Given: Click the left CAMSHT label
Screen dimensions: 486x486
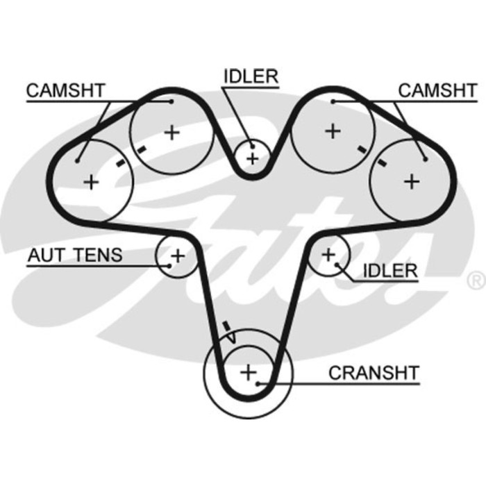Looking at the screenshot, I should pyautogui.click(x=65, y=90).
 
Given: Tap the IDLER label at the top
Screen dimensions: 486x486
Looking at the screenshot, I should pyautogui.click(x=251, y=76).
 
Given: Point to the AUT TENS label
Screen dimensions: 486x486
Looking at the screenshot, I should pyautogui.click(x=74, y=255).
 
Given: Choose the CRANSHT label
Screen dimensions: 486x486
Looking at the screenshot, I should pyautogui.click(x=374, y=373).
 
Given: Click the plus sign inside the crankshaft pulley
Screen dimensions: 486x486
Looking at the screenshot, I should pyautogui.click(x=248, y=372).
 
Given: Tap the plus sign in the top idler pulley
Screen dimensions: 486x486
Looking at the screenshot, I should pyautogui.click(x=252, y=158).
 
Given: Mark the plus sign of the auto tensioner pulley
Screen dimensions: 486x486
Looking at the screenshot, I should pyautogui.click(x=178, y=255).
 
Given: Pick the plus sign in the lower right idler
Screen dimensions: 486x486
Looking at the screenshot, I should pyautogui.click(x=328, y=255).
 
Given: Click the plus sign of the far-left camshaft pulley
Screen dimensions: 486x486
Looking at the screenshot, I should pyautogui.click(x=91, y=182).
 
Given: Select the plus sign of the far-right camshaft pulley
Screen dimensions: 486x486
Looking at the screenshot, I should pyautogui.click(x=412, y=181).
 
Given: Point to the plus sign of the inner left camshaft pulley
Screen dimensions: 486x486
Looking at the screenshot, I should pyautogui.click(x=171, y=131).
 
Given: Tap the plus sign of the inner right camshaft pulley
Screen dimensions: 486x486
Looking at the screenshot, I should pyautogui.click(x=334, y=131).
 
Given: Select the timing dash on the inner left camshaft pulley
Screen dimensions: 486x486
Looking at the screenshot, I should pyautogui.click(x=142, y=149).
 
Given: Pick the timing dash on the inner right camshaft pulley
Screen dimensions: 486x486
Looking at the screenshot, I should pyautogui.click(x=362, y=149).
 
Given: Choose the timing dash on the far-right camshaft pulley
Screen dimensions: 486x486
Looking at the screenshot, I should pyautogui.click(x=381, y=163).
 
